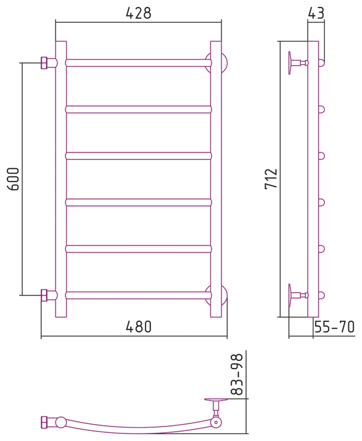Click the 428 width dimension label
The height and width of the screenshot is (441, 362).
[139, 13]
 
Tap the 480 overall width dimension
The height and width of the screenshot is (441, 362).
[139, 327]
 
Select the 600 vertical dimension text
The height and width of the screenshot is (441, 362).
[13, 179]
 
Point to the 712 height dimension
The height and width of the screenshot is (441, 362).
[271, 179]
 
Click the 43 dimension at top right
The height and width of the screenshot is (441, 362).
[316, 13]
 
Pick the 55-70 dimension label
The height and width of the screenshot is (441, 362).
[334, 327]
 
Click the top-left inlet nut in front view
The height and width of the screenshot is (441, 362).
[45, 63]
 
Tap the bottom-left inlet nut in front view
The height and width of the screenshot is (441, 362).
[45, 295]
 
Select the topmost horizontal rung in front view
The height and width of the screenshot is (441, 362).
[139, 63]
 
